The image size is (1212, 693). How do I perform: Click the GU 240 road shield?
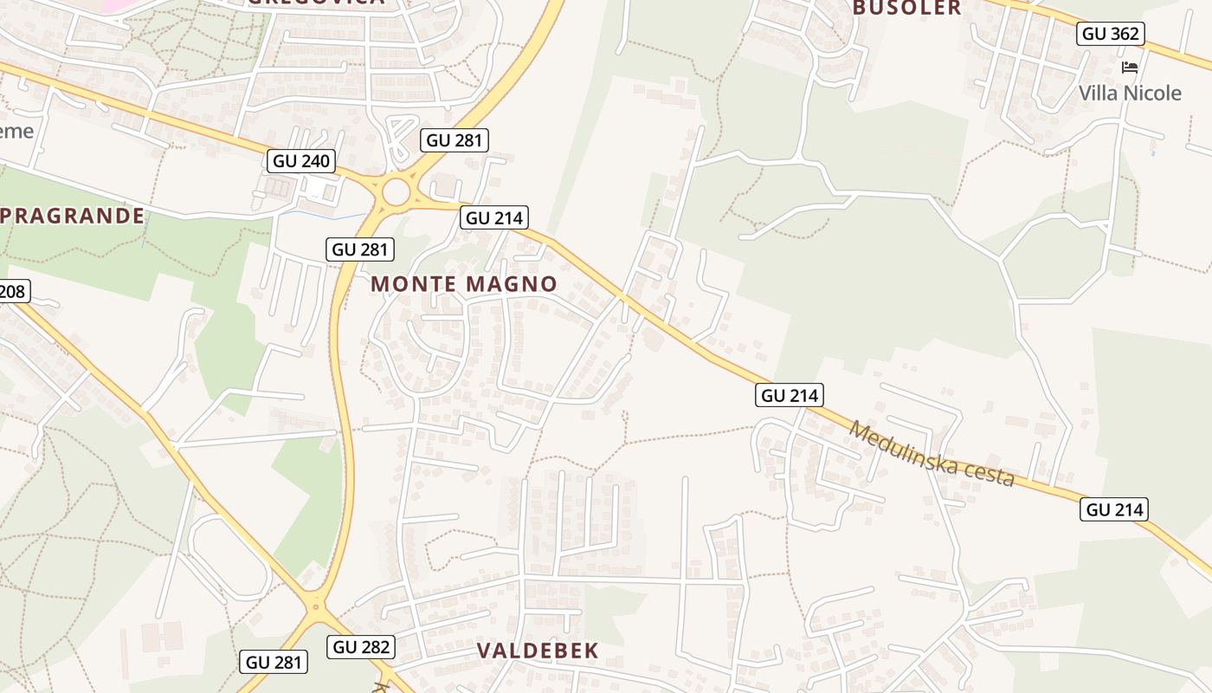302,160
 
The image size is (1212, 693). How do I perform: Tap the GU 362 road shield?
1112,34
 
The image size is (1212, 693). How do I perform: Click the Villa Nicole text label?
1130,93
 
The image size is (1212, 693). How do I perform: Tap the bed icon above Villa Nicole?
1130,67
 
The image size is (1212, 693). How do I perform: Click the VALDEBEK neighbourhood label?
538,651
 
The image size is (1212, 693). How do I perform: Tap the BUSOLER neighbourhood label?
906,8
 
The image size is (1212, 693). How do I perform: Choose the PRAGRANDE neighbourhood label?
73,216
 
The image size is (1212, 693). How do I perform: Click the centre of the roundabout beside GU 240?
396,191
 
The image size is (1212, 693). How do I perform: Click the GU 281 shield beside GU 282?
274,662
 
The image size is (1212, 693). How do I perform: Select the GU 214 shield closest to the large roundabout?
493,217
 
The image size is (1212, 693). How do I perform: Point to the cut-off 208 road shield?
13,291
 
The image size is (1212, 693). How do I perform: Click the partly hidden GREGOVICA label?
315,3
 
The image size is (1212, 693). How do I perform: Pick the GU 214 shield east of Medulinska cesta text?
1113,509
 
